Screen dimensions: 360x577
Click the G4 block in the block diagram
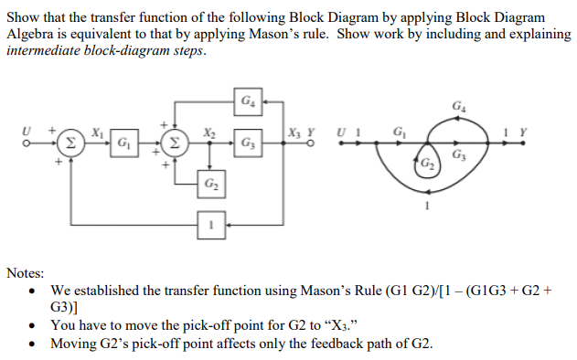click(249, 99)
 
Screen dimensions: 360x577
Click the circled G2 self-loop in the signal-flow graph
click(427, 163)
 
